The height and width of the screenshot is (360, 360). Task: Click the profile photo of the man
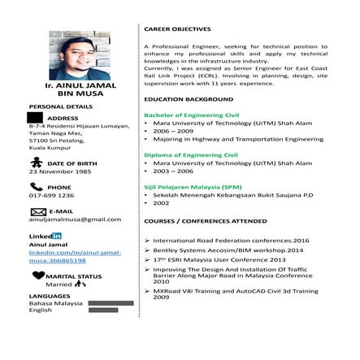point(80,55)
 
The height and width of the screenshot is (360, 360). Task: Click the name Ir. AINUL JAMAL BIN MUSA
point(81,89)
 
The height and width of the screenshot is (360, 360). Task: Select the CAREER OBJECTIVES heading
point(177,28)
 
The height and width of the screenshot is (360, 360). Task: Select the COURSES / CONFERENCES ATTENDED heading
point(199,221)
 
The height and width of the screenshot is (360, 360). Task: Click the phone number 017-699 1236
point(51,195)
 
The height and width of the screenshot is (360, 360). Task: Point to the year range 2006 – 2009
point(173,131)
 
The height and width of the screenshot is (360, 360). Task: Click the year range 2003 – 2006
point(173,171)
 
